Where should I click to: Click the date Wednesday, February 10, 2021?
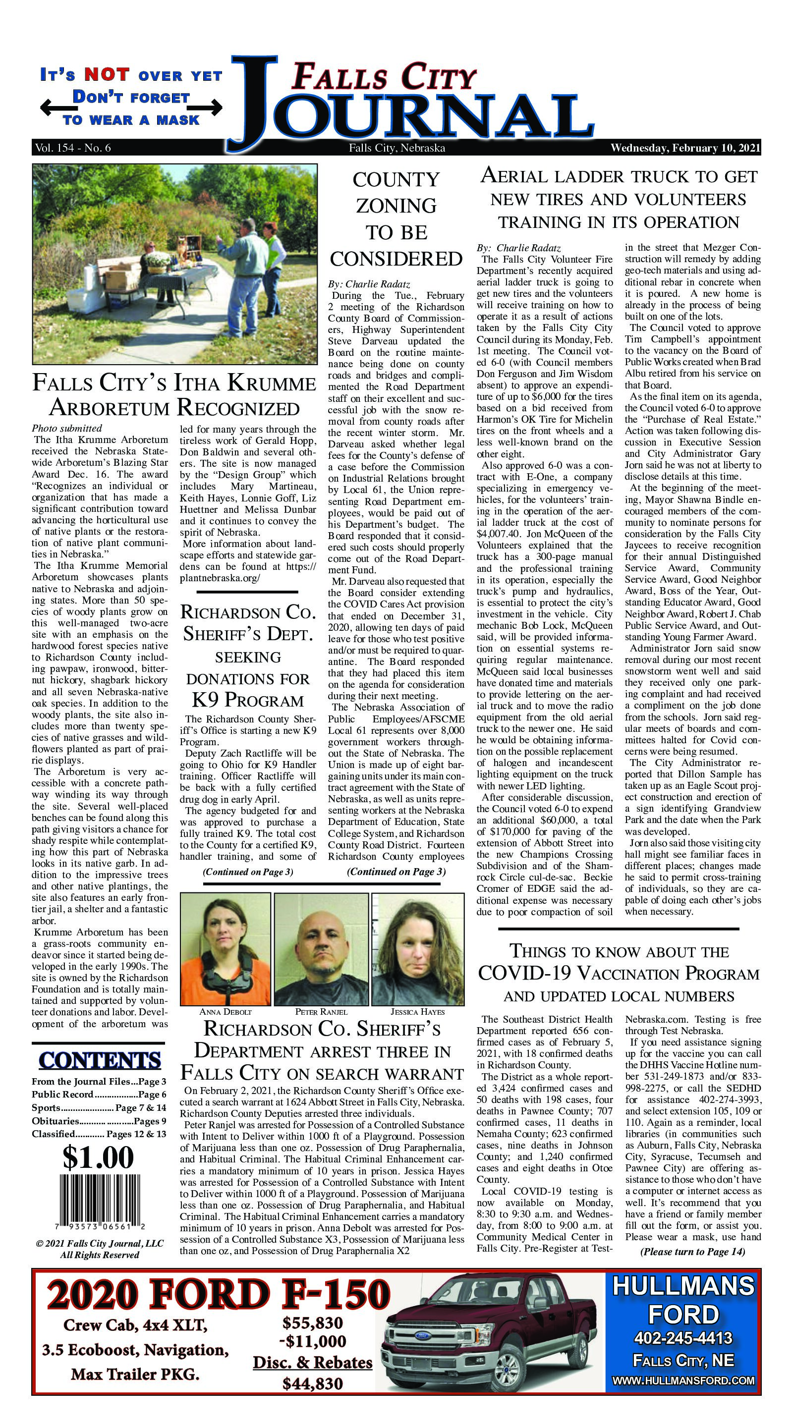point(685,149)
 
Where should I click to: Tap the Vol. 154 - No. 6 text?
point(72,149)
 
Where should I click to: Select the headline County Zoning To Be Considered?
point(396,219)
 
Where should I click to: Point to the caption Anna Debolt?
point(226,1011)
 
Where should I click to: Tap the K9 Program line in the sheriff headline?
point(247,700)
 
